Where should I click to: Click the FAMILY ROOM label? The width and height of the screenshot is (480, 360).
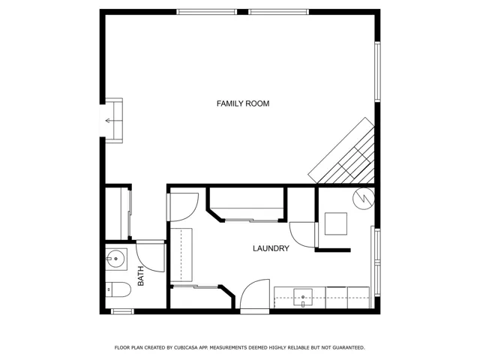tap(243, 103)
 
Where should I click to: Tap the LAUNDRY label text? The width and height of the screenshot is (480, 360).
tap(271, 248)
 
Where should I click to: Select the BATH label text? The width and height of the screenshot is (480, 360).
tap(140, 276)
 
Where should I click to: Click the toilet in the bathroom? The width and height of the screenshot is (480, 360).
tap(118, 289)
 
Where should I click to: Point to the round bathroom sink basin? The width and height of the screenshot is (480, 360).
tap(116, 259)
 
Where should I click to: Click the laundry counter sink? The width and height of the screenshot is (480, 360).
tap(303, 297)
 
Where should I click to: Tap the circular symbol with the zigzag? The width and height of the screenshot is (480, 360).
tap(364, 198)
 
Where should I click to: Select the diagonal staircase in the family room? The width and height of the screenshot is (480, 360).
tap(342, 151)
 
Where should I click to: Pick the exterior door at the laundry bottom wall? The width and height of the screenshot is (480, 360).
tap(255, 295)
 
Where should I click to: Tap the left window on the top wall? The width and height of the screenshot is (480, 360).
tap(207, 12)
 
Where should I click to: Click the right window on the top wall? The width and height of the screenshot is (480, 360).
tap(278, 12)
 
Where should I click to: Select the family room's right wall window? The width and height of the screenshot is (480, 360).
tap(378, 72)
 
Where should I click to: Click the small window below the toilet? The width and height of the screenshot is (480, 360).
tap(122, 312)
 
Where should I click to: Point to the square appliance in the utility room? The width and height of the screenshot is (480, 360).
tap(336, 223)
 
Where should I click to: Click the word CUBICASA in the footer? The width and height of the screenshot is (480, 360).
tap(186, 348)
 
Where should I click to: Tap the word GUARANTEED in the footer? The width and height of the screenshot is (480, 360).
tap(349, 348)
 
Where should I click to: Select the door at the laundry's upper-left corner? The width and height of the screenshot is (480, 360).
tap(182, 207)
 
